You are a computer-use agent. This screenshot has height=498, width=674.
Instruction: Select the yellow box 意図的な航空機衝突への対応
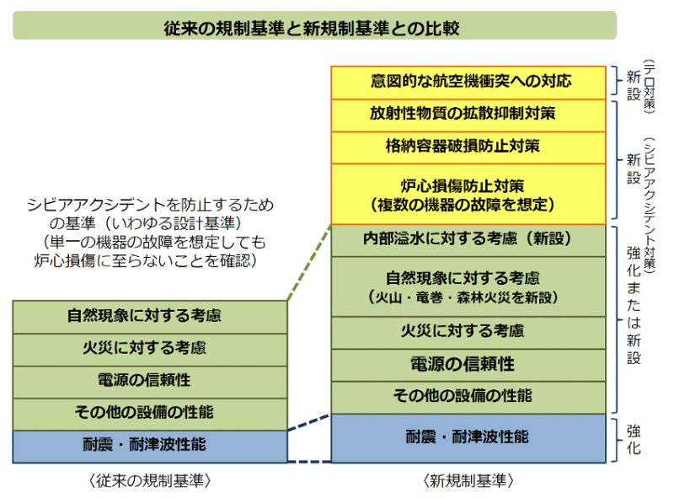coord(468,82)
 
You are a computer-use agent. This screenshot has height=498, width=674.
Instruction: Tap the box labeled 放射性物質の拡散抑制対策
coord(468,114)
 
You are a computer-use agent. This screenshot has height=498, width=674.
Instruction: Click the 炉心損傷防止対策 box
coord(468,194)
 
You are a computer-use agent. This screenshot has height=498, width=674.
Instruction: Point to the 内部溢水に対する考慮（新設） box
coord(468,239)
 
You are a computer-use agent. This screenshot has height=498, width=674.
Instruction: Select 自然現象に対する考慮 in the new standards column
coord(468,286)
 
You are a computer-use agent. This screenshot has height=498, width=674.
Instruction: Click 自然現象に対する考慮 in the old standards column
coord(150,317)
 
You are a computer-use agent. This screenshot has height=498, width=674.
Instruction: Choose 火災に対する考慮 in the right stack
coord(468,331)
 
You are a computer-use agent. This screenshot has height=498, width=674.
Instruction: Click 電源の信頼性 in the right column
coord(468,364)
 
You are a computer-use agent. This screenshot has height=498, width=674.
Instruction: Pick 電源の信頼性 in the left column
coord(150,381)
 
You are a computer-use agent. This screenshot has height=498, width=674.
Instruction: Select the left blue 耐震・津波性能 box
coord(150,445)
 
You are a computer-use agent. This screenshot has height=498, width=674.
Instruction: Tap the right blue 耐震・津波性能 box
coord(468,437)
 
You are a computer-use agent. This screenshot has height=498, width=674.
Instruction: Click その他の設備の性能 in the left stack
coord(150,413)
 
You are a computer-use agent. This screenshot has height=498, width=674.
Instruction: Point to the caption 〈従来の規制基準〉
coord(149,480)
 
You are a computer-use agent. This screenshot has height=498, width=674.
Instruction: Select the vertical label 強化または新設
coord(634,305)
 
